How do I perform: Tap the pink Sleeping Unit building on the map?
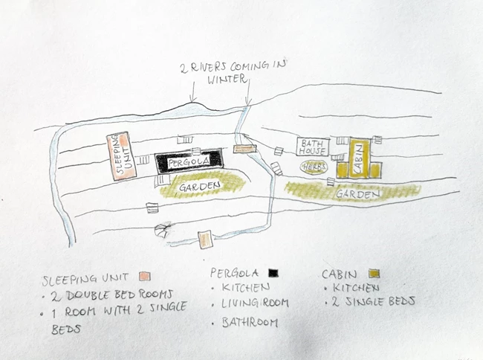pos(118,155)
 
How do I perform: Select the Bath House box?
pos(312,146)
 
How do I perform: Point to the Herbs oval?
pos(314,167)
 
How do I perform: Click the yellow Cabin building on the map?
pos(360,158)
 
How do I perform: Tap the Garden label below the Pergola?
pos(200,184)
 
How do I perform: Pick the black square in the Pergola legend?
pos(273,271)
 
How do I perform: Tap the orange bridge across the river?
pos(244,149)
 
